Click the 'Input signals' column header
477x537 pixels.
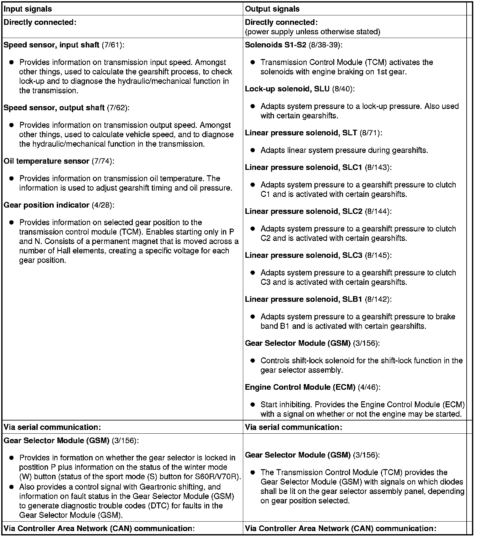[x=28, y=9]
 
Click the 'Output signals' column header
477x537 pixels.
[x=272, y=9]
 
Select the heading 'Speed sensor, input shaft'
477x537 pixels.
[x=51, y=45]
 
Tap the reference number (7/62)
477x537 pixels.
[x=118, y=108]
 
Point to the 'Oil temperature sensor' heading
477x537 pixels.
[x=46, y=161]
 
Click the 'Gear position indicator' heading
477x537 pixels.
[x=46, y=205]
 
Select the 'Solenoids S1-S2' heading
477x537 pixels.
[x=276, y=45]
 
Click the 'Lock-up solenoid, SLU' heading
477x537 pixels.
[x=287, y=89]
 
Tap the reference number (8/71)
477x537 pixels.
[x=371, y=133]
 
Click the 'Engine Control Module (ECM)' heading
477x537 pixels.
[x=300, y=387]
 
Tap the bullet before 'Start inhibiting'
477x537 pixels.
[x=253, y=404]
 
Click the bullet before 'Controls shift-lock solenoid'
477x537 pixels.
[x=253, y=361]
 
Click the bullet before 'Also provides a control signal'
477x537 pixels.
[x=12, y=487]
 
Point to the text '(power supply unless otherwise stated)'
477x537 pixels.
[x=313, y=32]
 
